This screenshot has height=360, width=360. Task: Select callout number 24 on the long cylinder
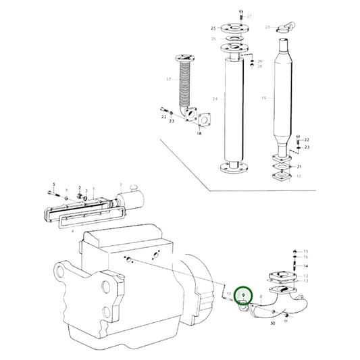pyautogui.click(x=215, y=99)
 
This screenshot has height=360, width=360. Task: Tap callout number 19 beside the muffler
pyautogui.click(x=263, y=98)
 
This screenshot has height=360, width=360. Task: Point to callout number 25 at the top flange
pyautogui.click(x=213, y=28)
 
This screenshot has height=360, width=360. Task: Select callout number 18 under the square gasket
pyautogui.click(x=199, y=134)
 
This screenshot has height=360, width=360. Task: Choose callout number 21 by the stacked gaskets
pyautogui.click(x=301, y=166)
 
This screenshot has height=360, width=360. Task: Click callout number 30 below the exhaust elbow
pyautogui.click(x=272, y=324)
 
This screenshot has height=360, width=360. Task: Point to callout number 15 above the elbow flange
pyautogui.click(x=305, y=251)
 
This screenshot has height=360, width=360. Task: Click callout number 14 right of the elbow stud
pyautogui.click(x=305, y=265)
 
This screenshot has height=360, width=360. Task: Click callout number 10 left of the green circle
pyautogui.click(x=228, y=294)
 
